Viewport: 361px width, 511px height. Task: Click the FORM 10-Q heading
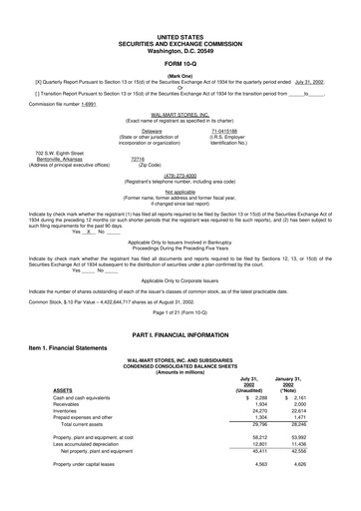180,38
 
